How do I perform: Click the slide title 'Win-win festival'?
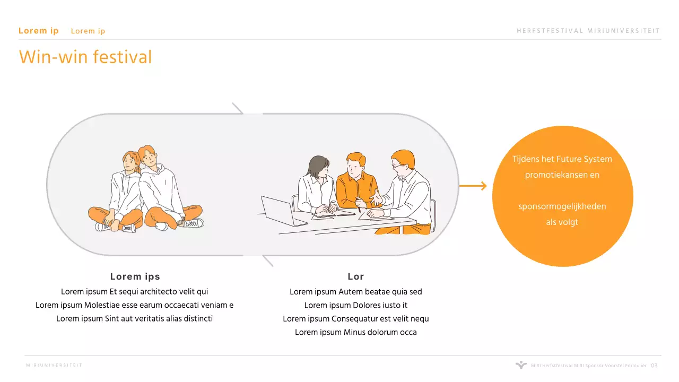85,57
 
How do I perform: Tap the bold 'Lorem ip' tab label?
39,31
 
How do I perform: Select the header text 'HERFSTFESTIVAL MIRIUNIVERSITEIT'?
588,31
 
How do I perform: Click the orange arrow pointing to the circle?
473,186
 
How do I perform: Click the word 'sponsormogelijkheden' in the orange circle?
562,206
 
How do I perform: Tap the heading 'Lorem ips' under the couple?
135,276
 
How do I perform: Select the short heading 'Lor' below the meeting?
355,276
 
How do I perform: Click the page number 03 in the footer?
654,366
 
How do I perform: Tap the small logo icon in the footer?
521,364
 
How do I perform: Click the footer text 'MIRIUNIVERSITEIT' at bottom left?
54,366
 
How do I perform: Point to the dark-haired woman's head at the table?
319,167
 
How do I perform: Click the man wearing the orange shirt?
357,182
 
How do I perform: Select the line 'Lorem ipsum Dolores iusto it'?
355,305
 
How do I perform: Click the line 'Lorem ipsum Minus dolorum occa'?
355,332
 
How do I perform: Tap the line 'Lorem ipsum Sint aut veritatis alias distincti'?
134,319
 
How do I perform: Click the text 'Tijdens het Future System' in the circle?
562,159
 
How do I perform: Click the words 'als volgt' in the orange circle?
562,222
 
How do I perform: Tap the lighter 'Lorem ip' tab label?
88,31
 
